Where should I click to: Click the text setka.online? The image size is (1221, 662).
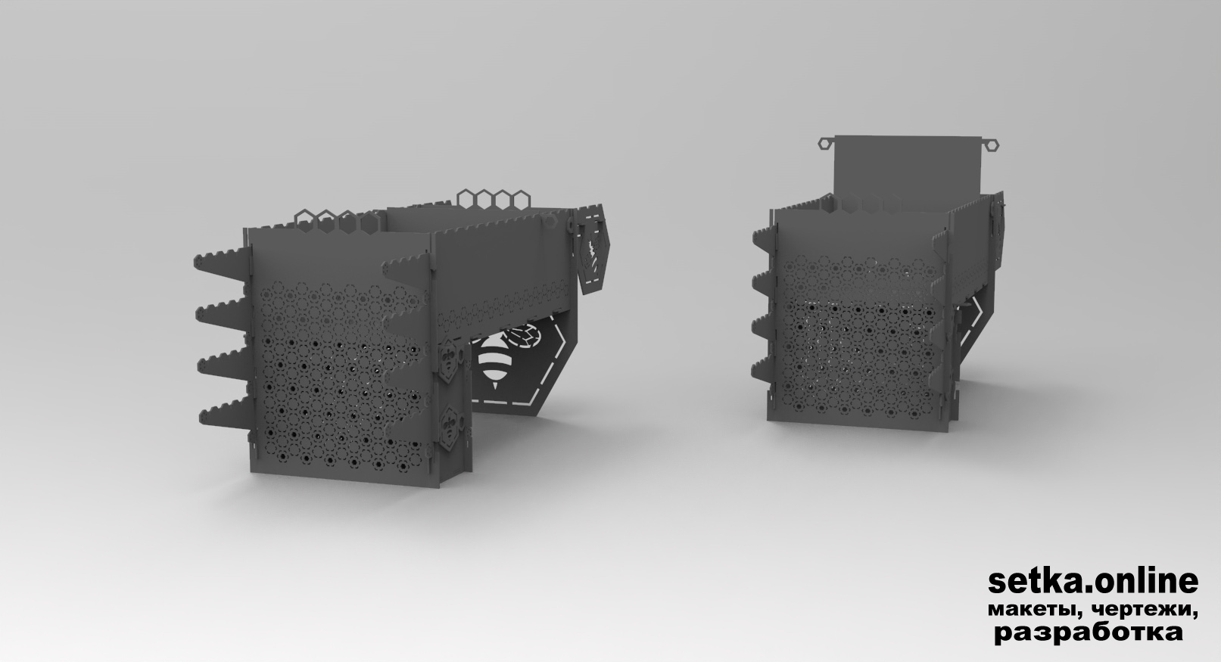coord(1093,582)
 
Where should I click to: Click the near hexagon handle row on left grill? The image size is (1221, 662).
coord(337,221)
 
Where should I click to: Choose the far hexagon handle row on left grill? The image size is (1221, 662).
coord(494,200)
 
